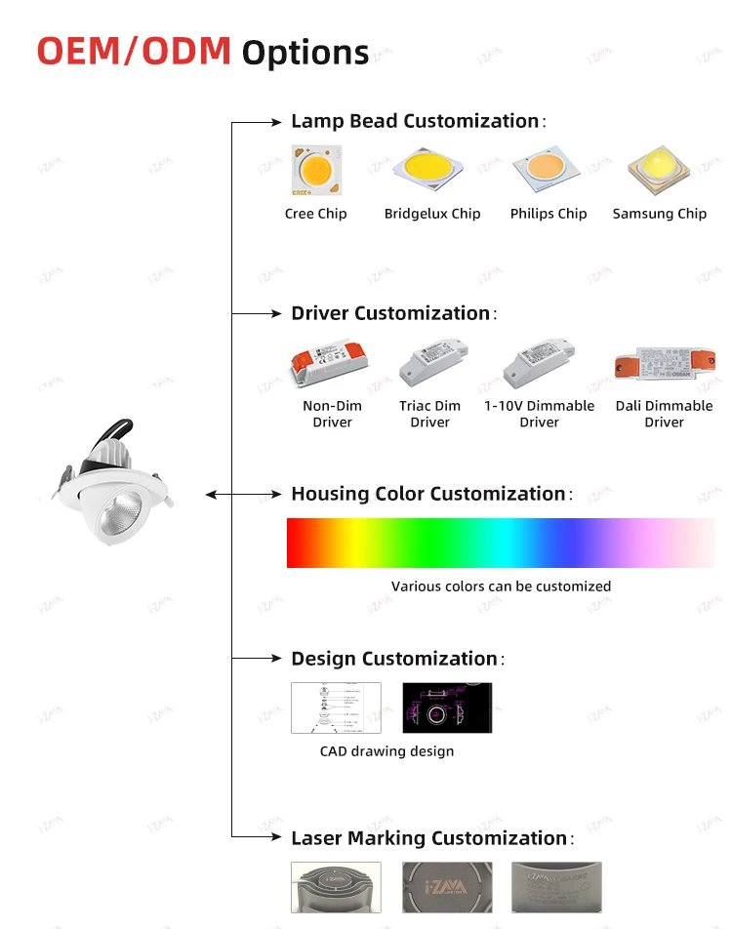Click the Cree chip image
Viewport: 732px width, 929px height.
click(316, 171)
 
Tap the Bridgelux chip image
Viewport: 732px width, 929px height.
click(428, 172)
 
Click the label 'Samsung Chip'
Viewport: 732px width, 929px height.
click(660, 214)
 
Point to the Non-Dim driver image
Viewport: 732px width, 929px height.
click(330, 364)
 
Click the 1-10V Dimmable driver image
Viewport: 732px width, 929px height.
click(539, 362)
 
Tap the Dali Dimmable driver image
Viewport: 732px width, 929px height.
click(665, 364)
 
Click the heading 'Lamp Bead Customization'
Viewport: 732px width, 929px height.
click(415, 121)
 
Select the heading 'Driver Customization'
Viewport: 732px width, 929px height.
click(390, 313)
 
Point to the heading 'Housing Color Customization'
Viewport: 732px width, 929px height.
click(428, 494)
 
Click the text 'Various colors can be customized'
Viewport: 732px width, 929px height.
click(501, 586)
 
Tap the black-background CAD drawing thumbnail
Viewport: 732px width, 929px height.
click(447, 707)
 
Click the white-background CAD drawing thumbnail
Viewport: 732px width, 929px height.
click(336, 707)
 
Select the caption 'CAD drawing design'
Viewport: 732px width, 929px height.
click(386, 751)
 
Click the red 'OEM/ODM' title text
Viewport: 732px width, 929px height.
click(135, 51)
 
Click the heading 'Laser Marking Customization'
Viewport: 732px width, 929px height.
click(429, 838)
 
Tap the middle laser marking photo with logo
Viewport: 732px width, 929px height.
click(447, 887)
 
